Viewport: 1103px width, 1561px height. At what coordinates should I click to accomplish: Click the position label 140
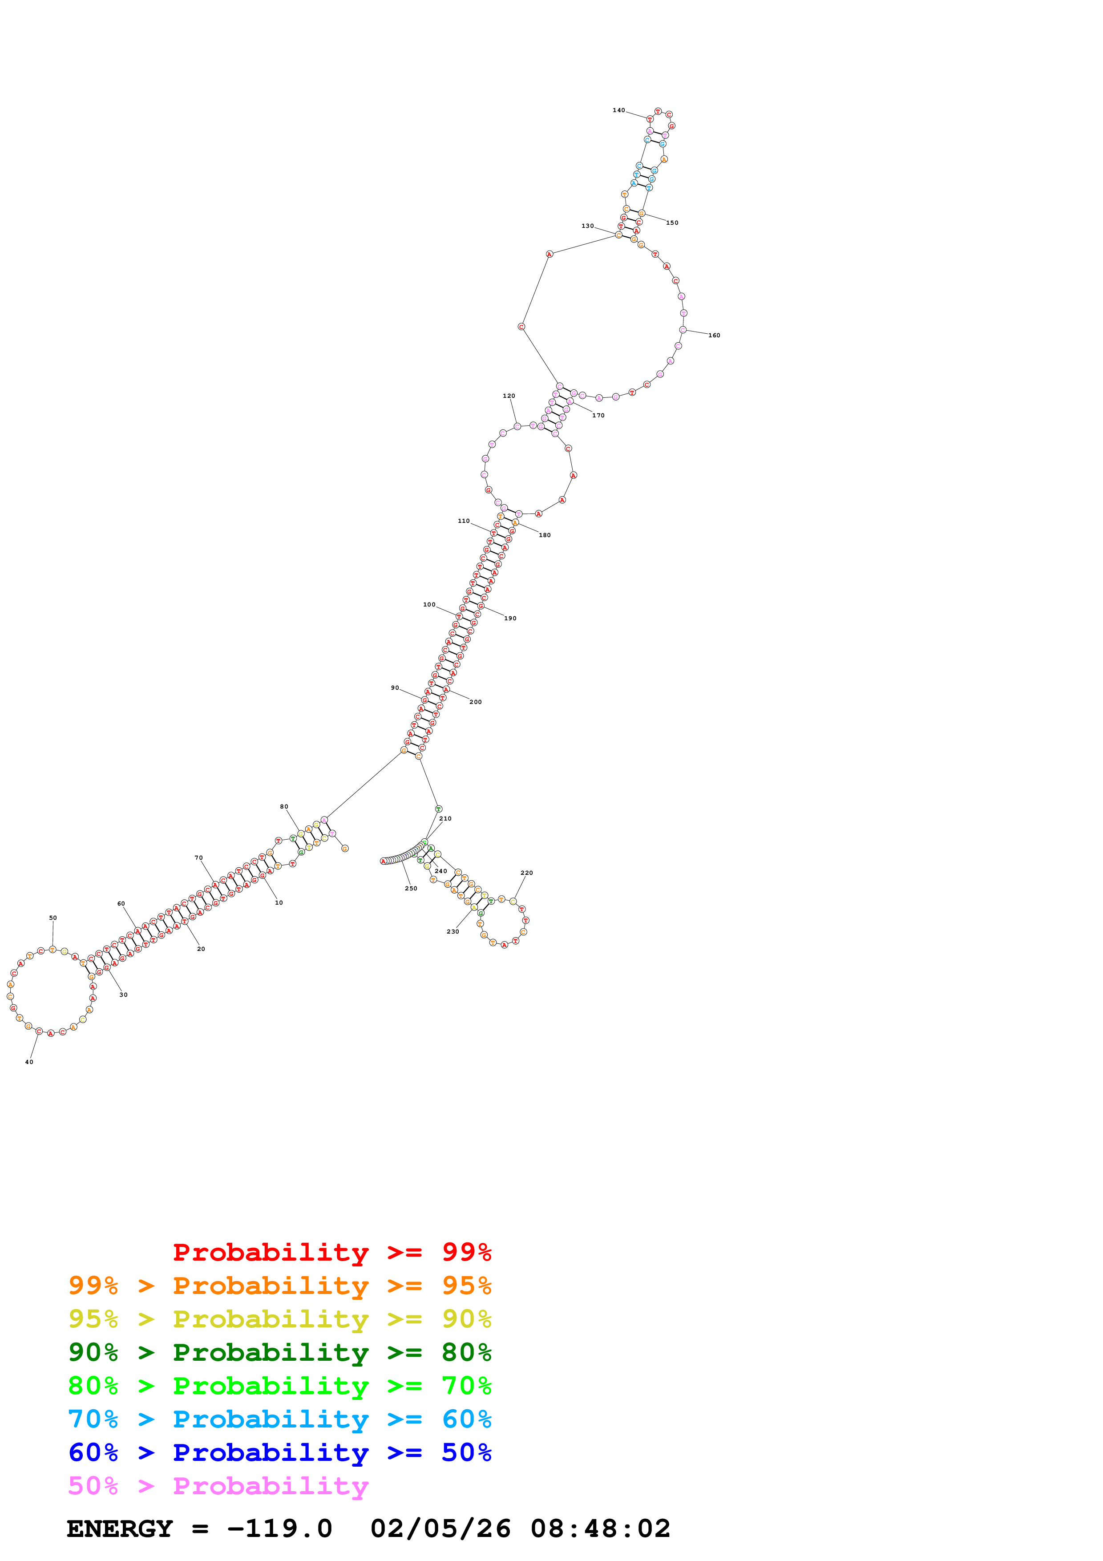point(618,110)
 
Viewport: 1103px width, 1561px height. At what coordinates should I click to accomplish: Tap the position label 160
point(714,335)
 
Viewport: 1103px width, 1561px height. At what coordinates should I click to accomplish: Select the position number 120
point(509,396)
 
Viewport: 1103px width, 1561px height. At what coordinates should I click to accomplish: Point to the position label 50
point(53,918)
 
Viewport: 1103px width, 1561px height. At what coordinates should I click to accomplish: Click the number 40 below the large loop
point(29,1062)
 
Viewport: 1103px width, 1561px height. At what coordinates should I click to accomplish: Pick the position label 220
point(527,873)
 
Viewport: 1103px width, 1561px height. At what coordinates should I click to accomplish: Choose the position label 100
point(429,604)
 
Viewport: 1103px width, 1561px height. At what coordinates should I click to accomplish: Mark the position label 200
point(476,702)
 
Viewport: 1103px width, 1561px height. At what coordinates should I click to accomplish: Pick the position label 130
point(587,226)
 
